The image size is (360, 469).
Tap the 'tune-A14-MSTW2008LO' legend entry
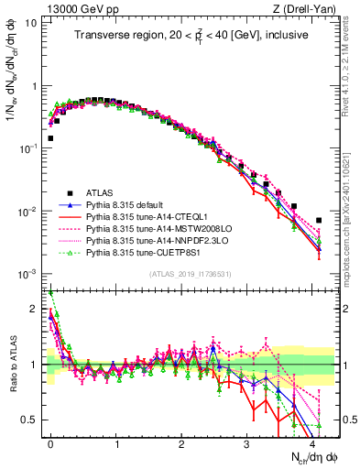tap(160, 231)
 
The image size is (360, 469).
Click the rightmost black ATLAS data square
tap(319, 220)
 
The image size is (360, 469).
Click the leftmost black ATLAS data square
tap(50, 138)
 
